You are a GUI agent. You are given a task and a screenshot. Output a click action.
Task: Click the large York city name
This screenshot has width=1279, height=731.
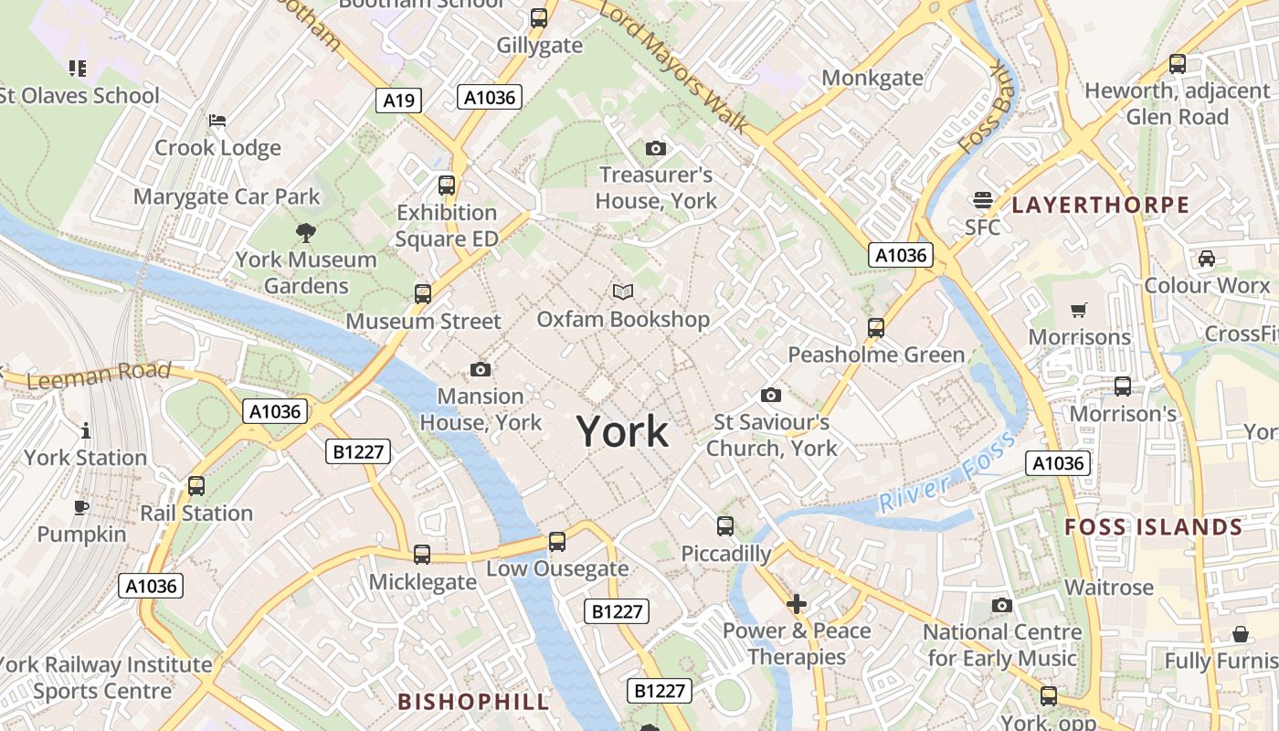coord(622,431)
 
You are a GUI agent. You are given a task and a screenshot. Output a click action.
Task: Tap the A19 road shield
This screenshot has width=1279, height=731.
coord(398,101)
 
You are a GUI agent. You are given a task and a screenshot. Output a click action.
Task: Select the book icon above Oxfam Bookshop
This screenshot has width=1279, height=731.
coord(623,291)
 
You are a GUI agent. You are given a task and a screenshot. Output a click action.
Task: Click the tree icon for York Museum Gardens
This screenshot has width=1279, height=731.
coord(306,233)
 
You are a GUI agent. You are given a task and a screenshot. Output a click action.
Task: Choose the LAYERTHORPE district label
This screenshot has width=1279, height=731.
coord(1101,205)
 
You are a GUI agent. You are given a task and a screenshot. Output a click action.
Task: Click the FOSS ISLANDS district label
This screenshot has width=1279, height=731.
coord(1154,527)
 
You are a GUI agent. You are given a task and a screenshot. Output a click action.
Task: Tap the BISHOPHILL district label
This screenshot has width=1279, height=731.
coord(474,702)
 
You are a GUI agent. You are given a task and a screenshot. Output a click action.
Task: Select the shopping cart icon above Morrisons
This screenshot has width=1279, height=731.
coord(1079,311)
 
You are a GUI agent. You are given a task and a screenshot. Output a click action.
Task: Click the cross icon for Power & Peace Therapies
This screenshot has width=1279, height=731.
coord(797,604)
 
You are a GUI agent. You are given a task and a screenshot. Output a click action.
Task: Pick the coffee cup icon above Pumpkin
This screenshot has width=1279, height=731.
coord(81,508)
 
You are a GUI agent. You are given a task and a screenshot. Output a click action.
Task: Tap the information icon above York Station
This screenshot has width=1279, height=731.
coord(86,430)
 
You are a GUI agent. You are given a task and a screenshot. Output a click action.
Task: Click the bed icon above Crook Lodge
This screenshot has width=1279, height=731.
coord(217,121)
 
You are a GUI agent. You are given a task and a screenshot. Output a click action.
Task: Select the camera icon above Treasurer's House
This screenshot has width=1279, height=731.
coord(656,148)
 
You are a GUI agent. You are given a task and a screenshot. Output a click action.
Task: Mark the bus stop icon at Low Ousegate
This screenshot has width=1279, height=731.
coord(557,542)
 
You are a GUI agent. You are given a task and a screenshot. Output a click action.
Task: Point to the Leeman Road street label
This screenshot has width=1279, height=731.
coord(99,375)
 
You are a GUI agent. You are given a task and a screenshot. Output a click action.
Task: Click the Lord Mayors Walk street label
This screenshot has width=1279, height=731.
coord(675,67)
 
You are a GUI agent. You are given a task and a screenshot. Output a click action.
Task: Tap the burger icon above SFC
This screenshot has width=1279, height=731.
coord(983,200)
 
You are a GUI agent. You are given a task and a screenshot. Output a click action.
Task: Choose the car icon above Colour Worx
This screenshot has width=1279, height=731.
coord(1207,259)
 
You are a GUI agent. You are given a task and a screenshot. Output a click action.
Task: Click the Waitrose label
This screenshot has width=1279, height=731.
coord(1109,588)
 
